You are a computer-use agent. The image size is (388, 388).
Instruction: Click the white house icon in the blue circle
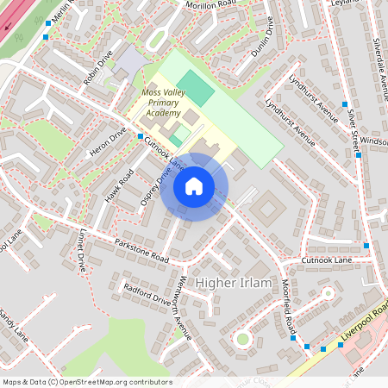pos(193,186)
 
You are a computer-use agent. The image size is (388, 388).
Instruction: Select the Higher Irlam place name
pos(235,283)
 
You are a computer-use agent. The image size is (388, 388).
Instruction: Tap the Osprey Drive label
pos(156,186)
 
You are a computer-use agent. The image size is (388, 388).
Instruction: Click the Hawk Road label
pos(119,187)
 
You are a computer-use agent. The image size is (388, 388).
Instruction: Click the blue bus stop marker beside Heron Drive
pos(141,136)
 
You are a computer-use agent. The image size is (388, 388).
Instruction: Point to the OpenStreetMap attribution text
pos(86,382)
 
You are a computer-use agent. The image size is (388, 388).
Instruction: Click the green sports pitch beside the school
pos(197,89)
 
